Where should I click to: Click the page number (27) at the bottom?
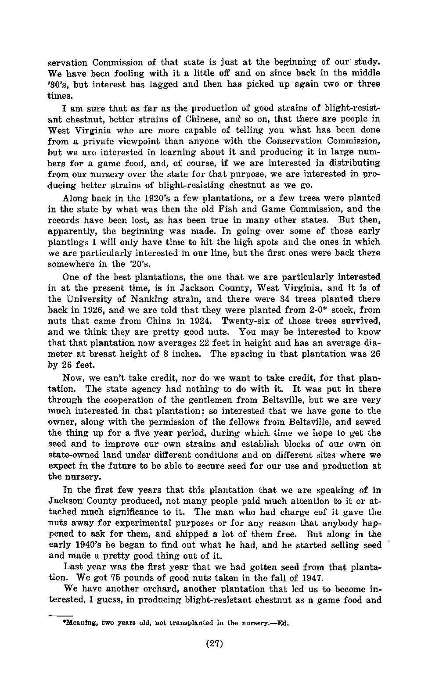click(215, 644)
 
